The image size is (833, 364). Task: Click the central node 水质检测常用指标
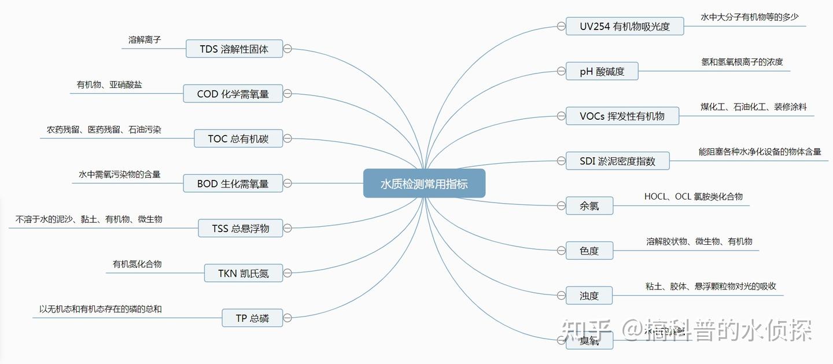(424, 183)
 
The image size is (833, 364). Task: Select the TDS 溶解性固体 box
(234, 49)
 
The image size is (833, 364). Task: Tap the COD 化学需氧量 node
(233, 94)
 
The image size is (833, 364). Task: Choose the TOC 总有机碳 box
(238, 138)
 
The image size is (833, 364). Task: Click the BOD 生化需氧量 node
(233, 183)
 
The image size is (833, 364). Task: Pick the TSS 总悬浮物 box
(240, 228)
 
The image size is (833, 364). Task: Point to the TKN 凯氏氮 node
(244, 273)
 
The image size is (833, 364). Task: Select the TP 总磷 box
(252, 318)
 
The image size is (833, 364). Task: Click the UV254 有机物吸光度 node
(624, 26)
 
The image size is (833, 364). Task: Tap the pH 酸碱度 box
(602, 71)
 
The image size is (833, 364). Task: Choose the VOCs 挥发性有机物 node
(622, 116)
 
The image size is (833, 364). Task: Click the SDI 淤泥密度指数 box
(617, 161)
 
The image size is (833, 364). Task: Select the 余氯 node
(589, 205)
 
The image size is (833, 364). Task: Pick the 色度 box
(589, 251)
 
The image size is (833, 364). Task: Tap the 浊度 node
(589, 296)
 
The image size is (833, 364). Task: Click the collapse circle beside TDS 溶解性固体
(288, 49)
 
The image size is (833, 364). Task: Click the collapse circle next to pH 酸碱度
(561, 71)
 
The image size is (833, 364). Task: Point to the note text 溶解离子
(145, 40)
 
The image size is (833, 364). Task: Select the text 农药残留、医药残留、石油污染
(104, 130)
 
